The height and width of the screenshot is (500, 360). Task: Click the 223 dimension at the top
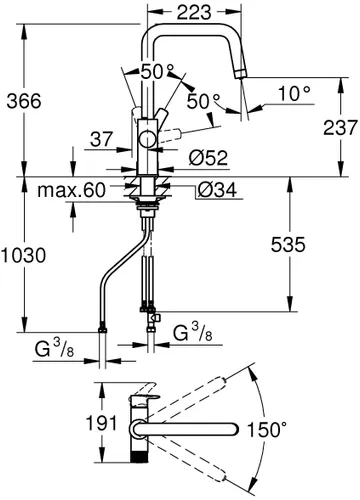point(194,12)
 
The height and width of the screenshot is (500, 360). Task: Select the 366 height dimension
point(24,101)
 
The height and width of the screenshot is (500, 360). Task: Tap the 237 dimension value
point(340,128)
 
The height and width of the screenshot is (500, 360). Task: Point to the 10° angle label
point(294,94)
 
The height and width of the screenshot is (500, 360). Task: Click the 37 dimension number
point(102,139)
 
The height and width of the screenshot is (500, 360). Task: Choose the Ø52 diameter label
point(208,158)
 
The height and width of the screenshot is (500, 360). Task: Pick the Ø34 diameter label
point(217,190)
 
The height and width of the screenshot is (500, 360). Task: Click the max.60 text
point(71,190)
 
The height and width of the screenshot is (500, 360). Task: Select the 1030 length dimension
point(23,256)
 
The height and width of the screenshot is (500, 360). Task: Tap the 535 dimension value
point(288,245)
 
